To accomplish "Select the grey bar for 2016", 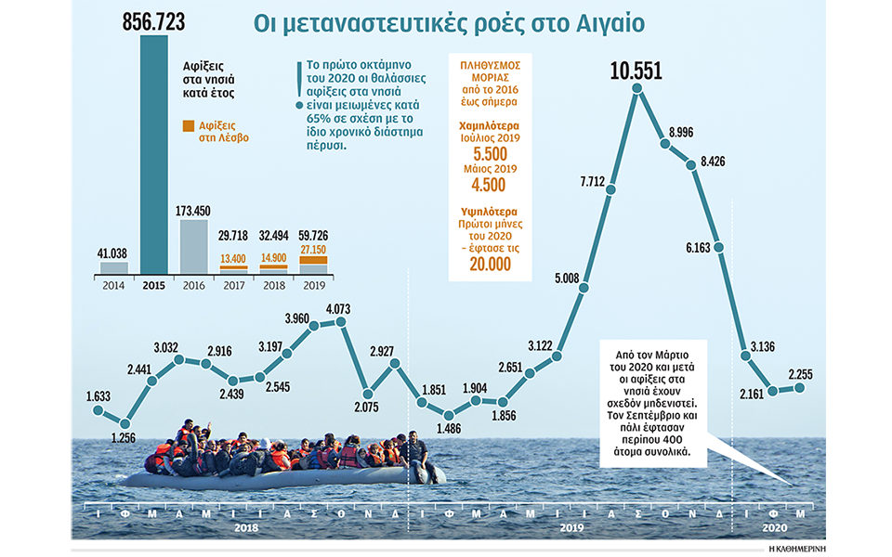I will tap(192, 246).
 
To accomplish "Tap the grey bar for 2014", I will tap(113, 267).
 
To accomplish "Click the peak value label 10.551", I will tap(636, 71).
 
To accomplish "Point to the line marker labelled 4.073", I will tap(341, 322).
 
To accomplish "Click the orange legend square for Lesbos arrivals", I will tap(189, 125).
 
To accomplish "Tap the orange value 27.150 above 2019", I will tap(312, 251).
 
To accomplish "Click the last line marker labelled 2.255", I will tap(799, 387).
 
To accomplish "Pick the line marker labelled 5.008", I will tap(584, 289).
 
